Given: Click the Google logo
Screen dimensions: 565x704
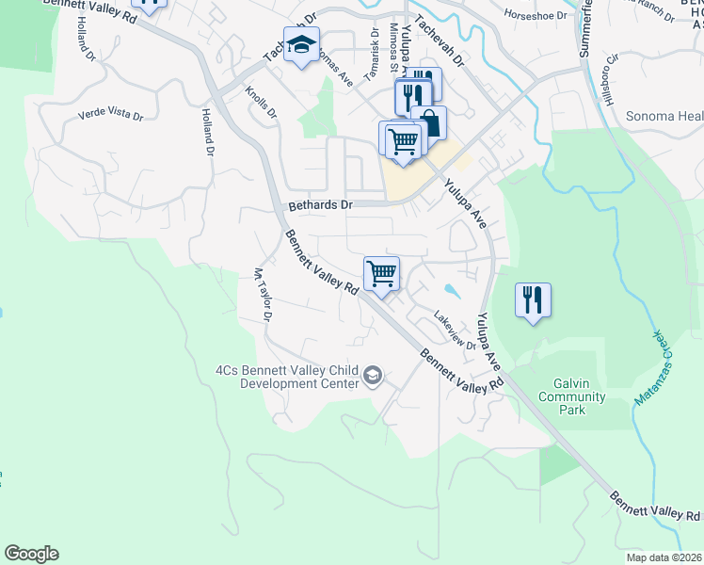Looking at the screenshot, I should pyautogui.click(x=31, y=554).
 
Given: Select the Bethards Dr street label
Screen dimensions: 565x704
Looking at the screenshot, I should pyautogui.click(x=320, y=204).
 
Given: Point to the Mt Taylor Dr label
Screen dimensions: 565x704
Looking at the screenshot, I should pyautogui.click(x=262, y=295).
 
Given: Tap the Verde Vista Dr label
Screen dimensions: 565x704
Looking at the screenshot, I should pyautogui.click(x=110, y=116).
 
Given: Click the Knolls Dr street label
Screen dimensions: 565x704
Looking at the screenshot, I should pyautogui.click(x=261, y=103).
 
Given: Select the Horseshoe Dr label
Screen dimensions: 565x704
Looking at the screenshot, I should pyautogui.click(x=536, y=16).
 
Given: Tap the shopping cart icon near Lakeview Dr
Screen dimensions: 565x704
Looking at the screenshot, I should pyautogui.click(x=381, y=273).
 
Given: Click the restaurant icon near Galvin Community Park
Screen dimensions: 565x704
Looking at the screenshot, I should pyautogui.click(x=533, y=299).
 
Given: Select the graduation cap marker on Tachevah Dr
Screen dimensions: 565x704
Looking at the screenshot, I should pyautogui.click(x=301, y=45).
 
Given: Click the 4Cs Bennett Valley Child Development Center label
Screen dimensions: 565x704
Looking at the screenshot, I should pyautogui.click(x=287, y=377).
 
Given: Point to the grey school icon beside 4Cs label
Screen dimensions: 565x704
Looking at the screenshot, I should pyautogui.click(x=374, y=377).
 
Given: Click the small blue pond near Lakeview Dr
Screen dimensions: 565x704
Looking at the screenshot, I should pyautogui.click(x=454, y=289).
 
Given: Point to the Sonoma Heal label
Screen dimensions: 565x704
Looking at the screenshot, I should pyautogui.click(x=664, y=117).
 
